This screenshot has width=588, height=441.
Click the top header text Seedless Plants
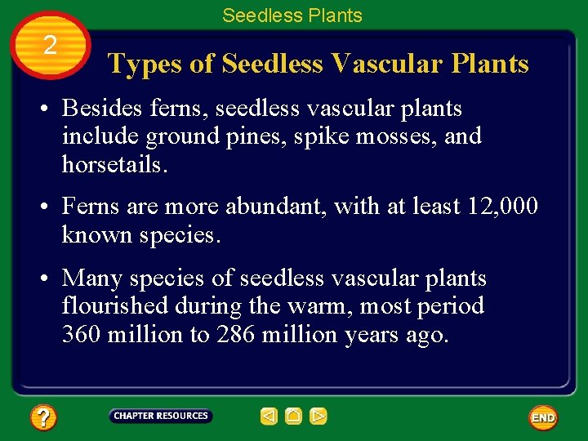coord(292,15)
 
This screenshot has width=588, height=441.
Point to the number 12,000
coord(503,206)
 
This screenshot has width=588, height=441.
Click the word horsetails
coord(114,164)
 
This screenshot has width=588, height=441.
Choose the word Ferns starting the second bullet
coord(90,206)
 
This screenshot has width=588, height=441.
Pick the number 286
coord(236,334)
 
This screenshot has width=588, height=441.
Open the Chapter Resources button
coord(161,416)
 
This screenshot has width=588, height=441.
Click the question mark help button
coord(43,418)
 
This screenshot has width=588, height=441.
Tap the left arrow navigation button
coord(269,416)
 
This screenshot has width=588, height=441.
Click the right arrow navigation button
coord(318,416)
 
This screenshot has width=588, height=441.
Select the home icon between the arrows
coord(294,416)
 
